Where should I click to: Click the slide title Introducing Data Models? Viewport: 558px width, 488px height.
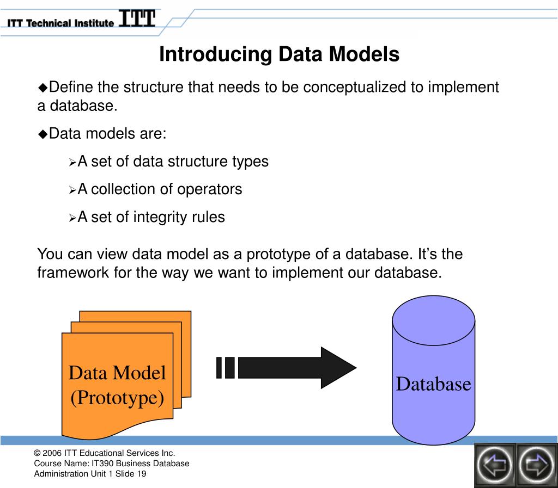(279, 54)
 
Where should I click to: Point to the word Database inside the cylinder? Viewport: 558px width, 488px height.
(433, 384)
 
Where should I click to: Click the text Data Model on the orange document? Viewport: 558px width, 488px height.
(117, 373)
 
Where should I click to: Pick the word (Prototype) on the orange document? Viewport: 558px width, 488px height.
(117, 398)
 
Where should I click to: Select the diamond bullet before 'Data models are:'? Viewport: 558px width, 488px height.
(43, 134)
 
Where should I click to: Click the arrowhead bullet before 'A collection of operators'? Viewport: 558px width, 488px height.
(73, 190)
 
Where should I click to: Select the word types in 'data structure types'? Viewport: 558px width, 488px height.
(250, 162)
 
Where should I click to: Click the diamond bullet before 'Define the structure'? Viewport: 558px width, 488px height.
(43, 87)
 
